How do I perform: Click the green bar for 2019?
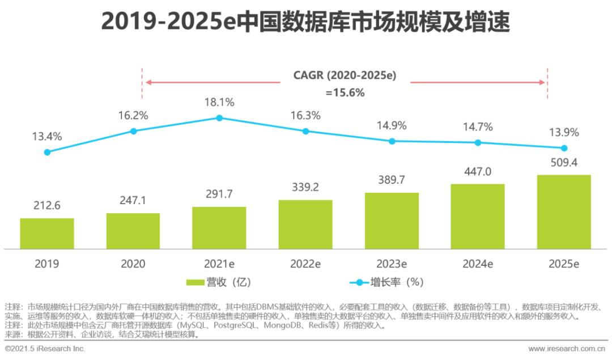(x=47, y=233)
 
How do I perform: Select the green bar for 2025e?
(x=564, y=211)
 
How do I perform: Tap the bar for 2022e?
(x=305, y=224)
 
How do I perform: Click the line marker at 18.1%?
(x=219, y=118)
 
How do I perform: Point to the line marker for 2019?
(x=47, y=152)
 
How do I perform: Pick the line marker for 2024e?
(x=478, y=143)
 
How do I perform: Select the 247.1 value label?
(x=133, y=201)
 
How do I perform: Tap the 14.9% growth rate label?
(x=392, y=125)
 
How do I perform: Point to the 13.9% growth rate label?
(x=564, y=133)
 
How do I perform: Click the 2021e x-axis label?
(x=219, y=264)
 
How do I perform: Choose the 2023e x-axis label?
(x=392, y=264)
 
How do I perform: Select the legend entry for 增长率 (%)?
(x=385, y=282)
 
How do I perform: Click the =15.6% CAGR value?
(x=345, y=93)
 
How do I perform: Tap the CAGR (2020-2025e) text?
(x=345, y=75)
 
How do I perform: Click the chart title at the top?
(x=305, y=23)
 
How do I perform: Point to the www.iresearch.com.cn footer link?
(x=567, y=349)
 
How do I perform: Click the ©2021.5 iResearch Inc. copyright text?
(x=45, y=349)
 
